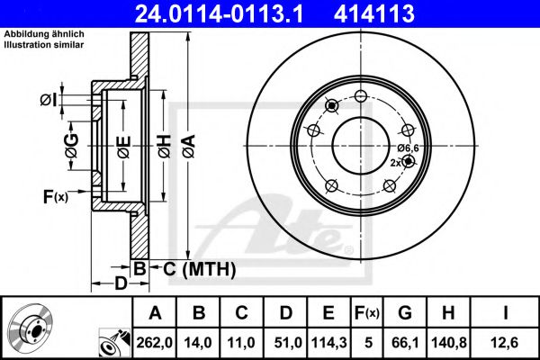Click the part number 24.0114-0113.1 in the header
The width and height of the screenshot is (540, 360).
[219, 13]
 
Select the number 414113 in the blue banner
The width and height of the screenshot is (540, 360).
[374, 13]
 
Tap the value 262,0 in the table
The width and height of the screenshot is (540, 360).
[154, 343]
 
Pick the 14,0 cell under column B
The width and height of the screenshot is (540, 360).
[198, 343]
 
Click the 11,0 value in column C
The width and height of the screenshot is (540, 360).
[241, 343]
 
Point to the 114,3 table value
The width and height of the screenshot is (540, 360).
[328, 343]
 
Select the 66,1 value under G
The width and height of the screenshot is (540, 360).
[405, 343]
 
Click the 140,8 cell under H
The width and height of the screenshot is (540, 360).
[449, 343]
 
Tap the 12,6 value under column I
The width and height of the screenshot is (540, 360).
[505, 343]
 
